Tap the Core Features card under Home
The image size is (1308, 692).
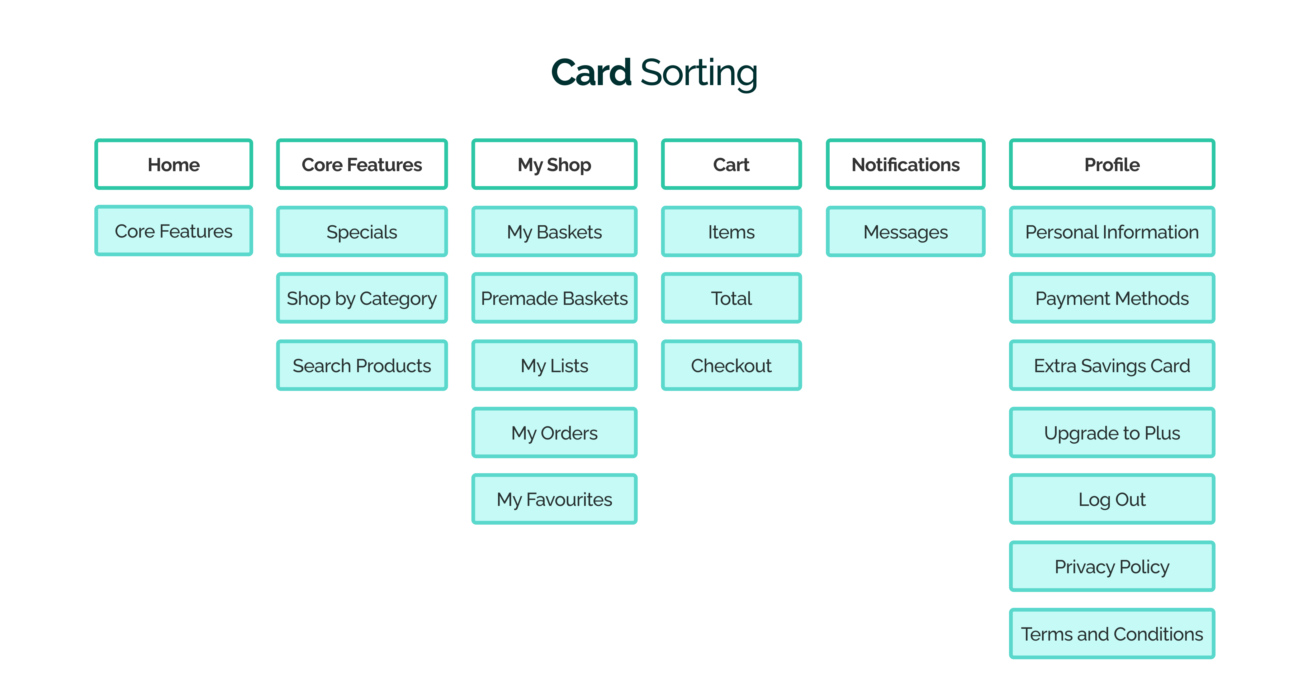click(x=174, y=231)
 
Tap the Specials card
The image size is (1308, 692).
click(x=362, y=232)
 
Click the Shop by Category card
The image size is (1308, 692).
click(x=362, y=298)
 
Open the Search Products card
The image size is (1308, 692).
click(x=362, y=365)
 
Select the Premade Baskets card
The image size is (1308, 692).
click(x=554, y=298)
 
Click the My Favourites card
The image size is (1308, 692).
click(x=554, y=499)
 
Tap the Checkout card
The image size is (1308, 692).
click(x=731, y=365)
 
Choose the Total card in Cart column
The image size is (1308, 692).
click(x=731, y=298)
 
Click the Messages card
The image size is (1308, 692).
click(x=905, y=232)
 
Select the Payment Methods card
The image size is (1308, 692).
click(x=1112, y=298)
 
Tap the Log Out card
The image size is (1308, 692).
click(x=1112, y=499)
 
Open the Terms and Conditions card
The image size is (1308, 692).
click(x=1112, y=634)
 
